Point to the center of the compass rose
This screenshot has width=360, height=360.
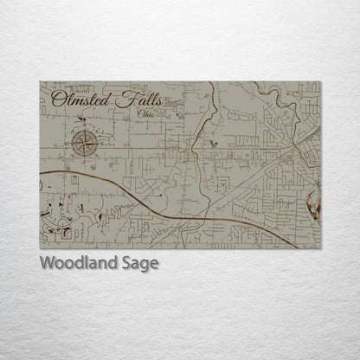click(x=85, y=142)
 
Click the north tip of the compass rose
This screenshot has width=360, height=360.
click(x=85, y=128)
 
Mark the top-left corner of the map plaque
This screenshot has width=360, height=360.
click(x=40, y=82)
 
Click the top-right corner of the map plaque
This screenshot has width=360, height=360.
click(x=320, y=82)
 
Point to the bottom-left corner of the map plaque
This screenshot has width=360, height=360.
click(x=40, y=248)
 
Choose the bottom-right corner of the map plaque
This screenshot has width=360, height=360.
click(x=320, y=248)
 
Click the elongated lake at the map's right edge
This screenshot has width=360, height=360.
click(x=314, y=203)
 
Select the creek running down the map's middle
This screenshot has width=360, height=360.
click(x=200, y=130)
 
